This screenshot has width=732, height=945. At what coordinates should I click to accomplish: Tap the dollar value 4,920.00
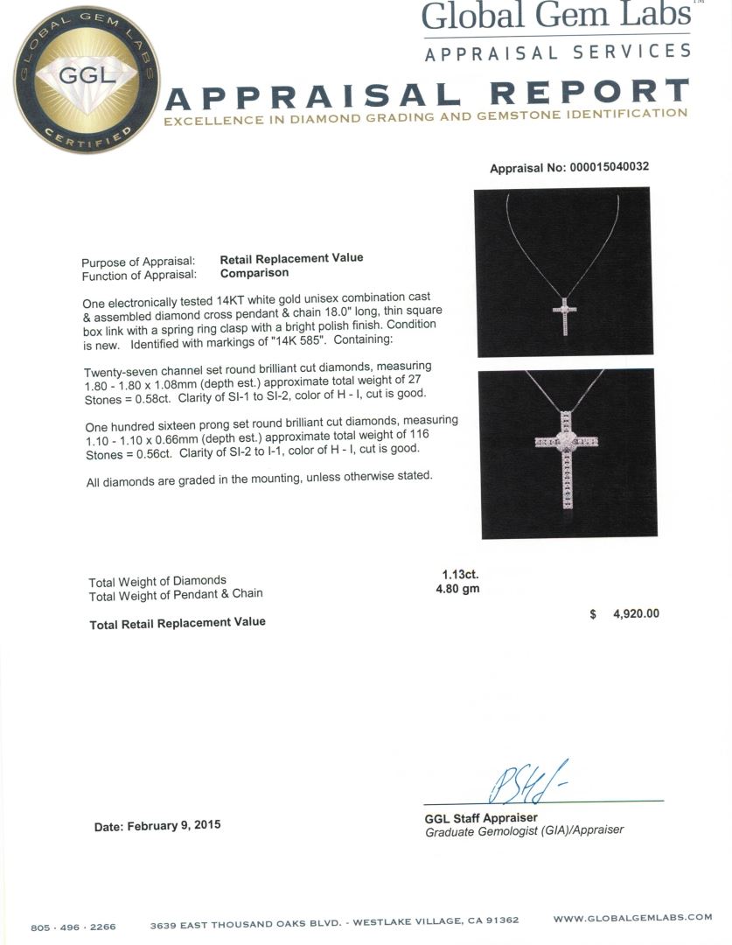click(x=636, y=614)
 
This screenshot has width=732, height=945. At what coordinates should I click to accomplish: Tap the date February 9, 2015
click(x=157, y=825)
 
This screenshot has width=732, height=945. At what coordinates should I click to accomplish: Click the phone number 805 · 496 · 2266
click(x=73, y=927)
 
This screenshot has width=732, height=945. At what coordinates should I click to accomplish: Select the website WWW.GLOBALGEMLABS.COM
click(x=632, y=917)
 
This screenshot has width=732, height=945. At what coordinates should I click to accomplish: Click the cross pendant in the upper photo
click(x=564, y=313)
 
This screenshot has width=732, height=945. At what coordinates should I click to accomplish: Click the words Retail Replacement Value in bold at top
click(x=291, y=258)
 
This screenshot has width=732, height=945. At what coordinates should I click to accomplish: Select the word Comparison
click(x=254, y=272)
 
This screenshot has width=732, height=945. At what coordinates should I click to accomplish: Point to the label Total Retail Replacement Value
click(x=178, y=622)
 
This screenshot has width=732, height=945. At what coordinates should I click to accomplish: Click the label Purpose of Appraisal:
click(x=138, y=262)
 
